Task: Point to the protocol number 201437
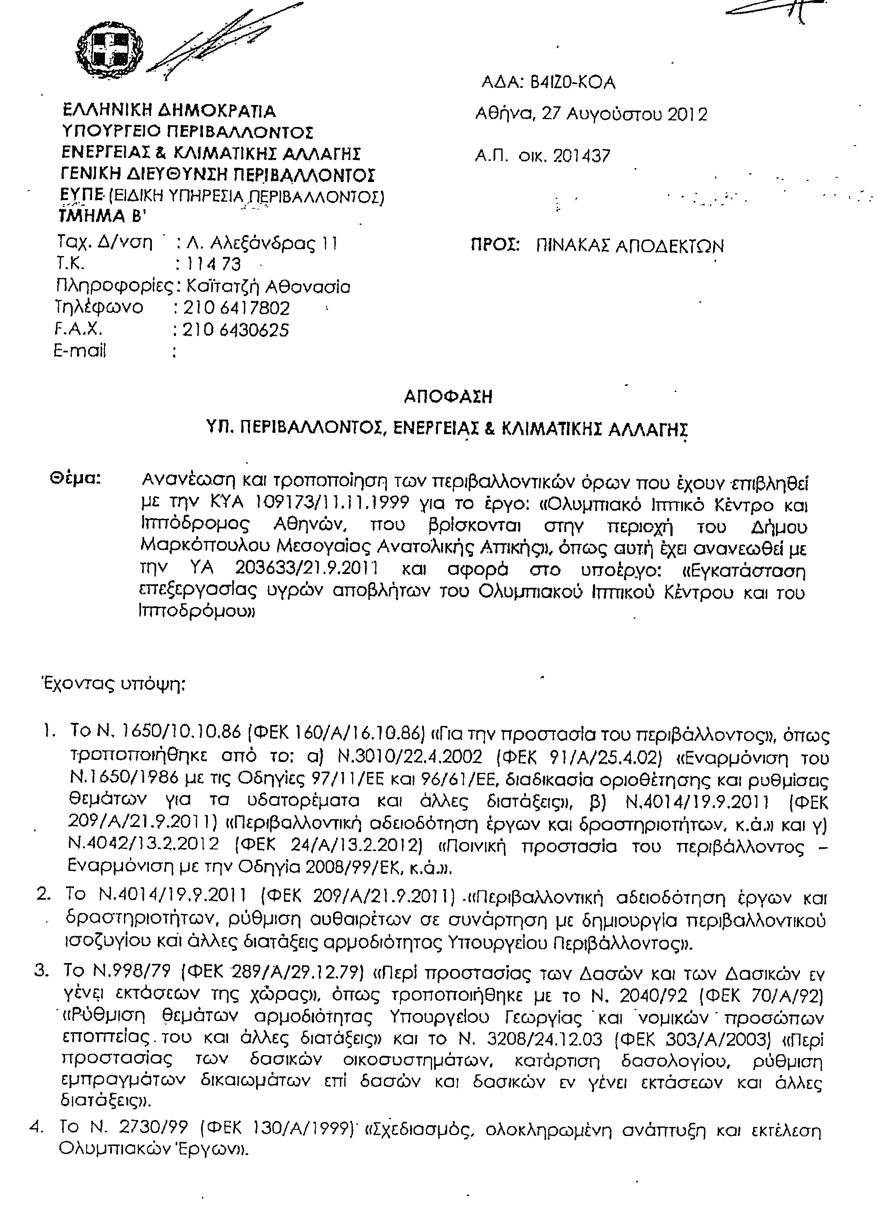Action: click(581, 156)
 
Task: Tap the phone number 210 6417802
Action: click(237, 308)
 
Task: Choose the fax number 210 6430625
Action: click(235, 330)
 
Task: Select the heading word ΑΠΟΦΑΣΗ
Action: click(448, 397)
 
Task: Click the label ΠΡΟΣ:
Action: click(495, 246)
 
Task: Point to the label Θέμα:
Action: click(75, 478)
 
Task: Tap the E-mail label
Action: click(80, 351)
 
